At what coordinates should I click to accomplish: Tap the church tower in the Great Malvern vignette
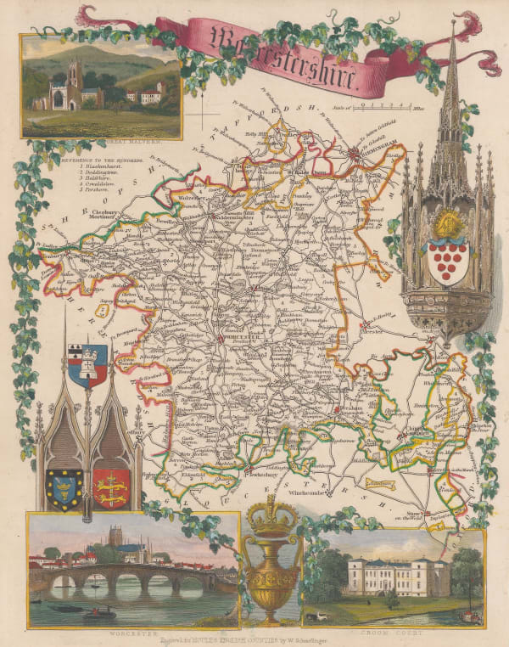coord(74,80)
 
